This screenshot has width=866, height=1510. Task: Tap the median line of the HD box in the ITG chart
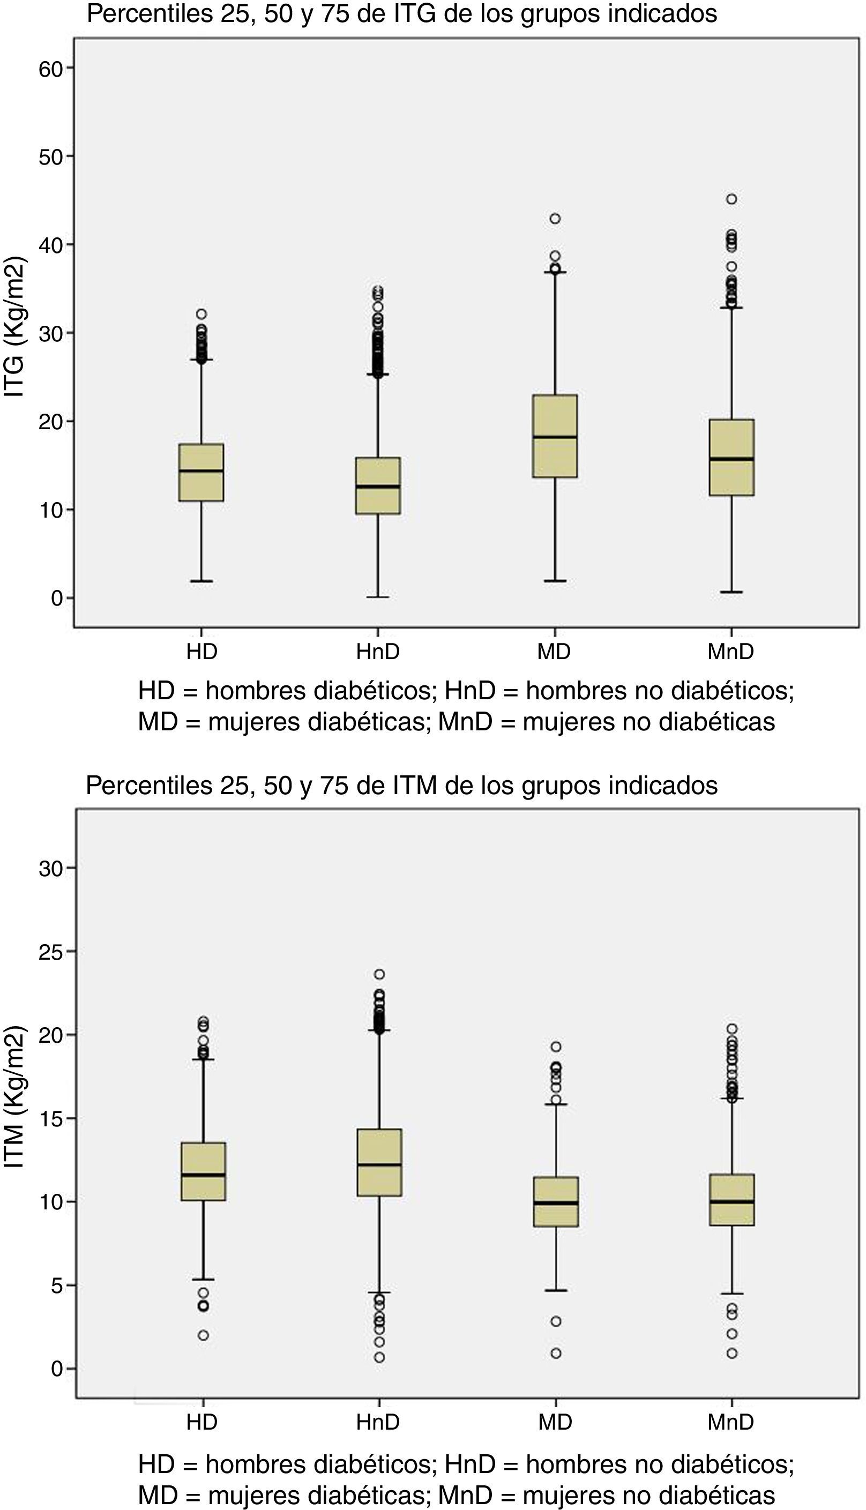201,470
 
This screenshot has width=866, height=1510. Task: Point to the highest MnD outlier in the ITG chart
731,199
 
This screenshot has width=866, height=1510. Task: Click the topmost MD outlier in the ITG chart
555,219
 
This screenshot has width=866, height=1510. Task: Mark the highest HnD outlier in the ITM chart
379,974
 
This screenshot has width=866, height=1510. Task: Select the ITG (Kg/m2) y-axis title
14,327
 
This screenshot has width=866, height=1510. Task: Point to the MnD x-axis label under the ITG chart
730,652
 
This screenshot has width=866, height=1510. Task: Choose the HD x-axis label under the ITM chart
202,1423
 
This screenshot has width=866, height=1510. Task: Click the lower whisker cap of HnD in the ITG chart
378,596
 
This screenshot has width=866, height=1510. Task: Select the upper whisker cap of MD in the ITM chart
556,1104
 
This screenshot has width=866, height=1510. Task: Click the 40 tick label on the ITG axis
50,245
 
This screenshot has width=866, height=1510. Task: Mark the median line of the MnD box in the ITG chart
731,459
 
